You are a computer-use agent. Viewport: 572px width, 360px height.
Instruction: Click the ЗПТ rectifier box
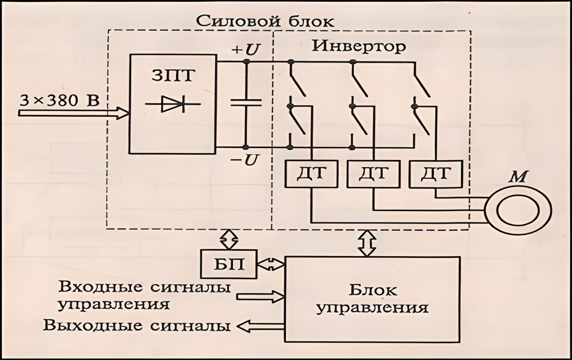(173, 103)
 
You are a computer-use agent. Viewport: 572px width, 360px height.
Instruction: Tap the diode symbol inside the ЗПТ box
(173, 105)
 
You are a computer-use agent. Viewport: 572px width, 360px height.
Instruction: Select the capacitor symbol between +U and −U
(245, 103)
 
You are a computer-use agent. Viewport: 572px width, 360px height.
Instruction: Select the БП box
(228, 263)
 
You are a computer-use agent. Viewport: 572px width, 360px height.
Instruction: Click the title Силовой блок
(264, 21)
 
